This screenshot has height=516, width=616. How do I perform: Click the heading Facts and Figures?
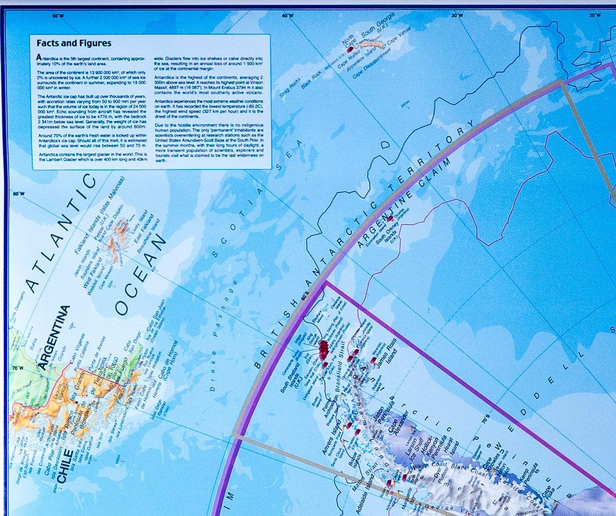(74, 43)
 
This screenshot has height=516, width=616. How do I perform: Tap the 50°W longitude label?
(58, 16)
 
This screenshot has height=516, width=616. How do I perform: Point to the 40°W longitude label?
(287, 16)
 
